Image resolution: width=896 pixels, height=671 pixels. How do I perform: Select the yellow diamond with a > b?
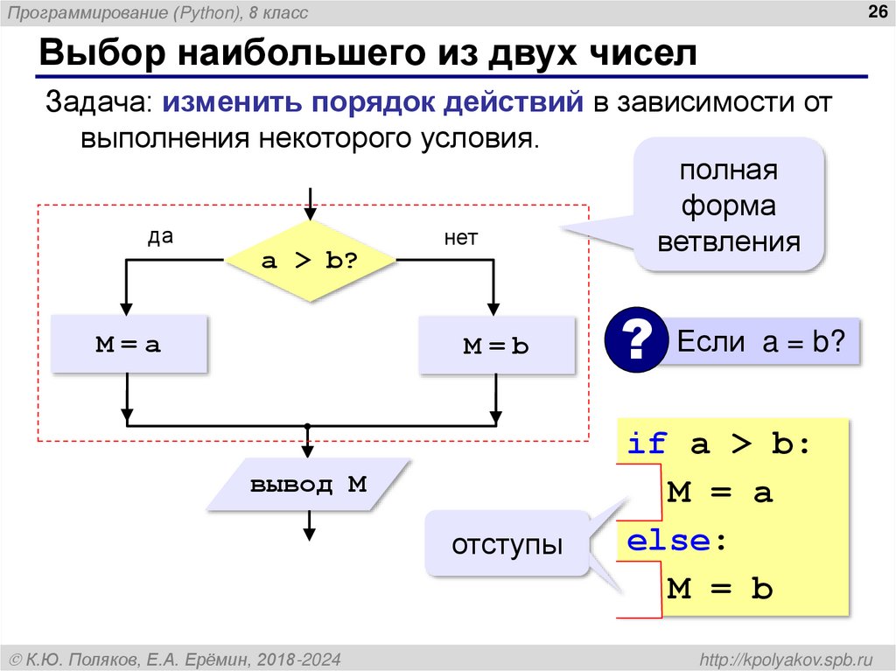click(311, 260)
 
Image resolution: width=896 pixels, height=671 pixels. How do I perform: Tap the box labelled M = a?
click(129, 345)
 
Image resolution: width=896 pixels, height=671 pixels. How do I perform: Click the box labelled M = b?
click(496, 346)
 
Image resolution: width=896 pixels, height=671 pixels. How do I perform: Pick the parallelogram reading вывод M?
click(309, 485)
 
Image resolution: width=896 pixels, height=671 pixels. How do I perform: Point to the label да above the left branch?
click(159, 237)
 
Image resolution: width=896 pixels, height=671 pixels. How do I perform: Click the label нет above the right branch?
click(460, 238)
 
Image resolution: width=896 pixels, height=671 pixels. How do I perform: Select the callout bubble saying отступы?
click(507, 544)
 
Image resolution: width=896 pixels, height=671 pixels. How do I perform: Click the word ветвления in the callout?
click(729, 241)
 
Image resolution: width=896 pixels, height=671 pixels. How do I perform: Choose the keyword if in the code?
click(647, 444)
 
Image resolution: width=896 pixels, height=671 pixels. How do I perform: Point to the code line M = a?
click(719, 493)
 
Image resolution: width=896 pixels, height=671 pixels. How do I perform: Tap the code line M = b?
click(719, 589)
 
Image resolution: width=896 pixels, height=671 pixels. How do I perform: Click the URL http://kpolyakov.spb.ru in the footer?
click(780, 657)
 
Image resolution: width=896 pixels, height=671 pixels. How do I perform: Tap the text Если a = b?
click(760, 341)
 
